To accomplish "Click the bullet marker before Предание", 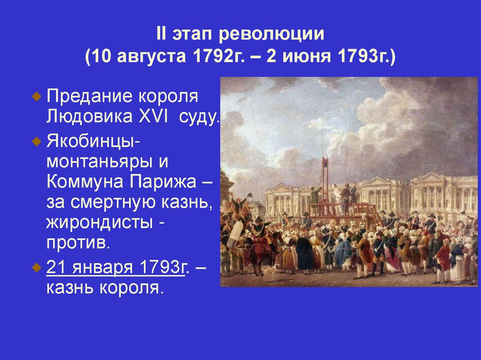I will click(37, 96).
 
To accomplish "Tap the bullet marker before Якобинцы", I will click(37, 141).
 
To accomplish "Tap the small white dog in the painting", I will click(270, 271).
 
